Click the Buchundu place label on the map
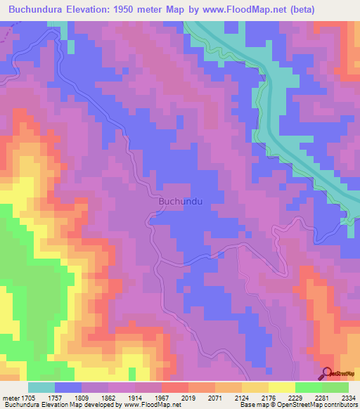pyautogui.click(x=181, y=202)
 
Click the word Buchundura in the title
pyautogui.click(x=39, y=9)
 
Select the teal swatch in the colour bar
pyautogui.click(x=41, y=387)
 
